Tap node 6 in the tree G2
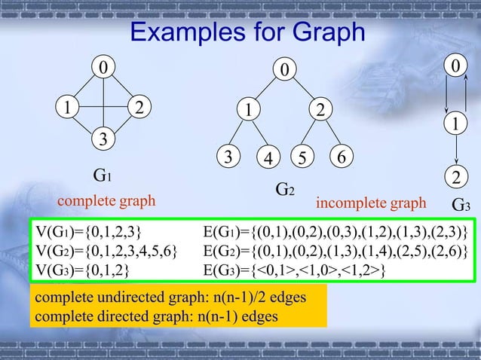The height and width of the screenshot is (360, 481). coord(342,157)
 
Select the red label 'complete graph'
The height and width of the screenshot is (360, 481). coord(106,201)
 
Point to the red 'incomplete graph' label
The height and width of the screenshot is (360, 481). coord(370,203)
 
